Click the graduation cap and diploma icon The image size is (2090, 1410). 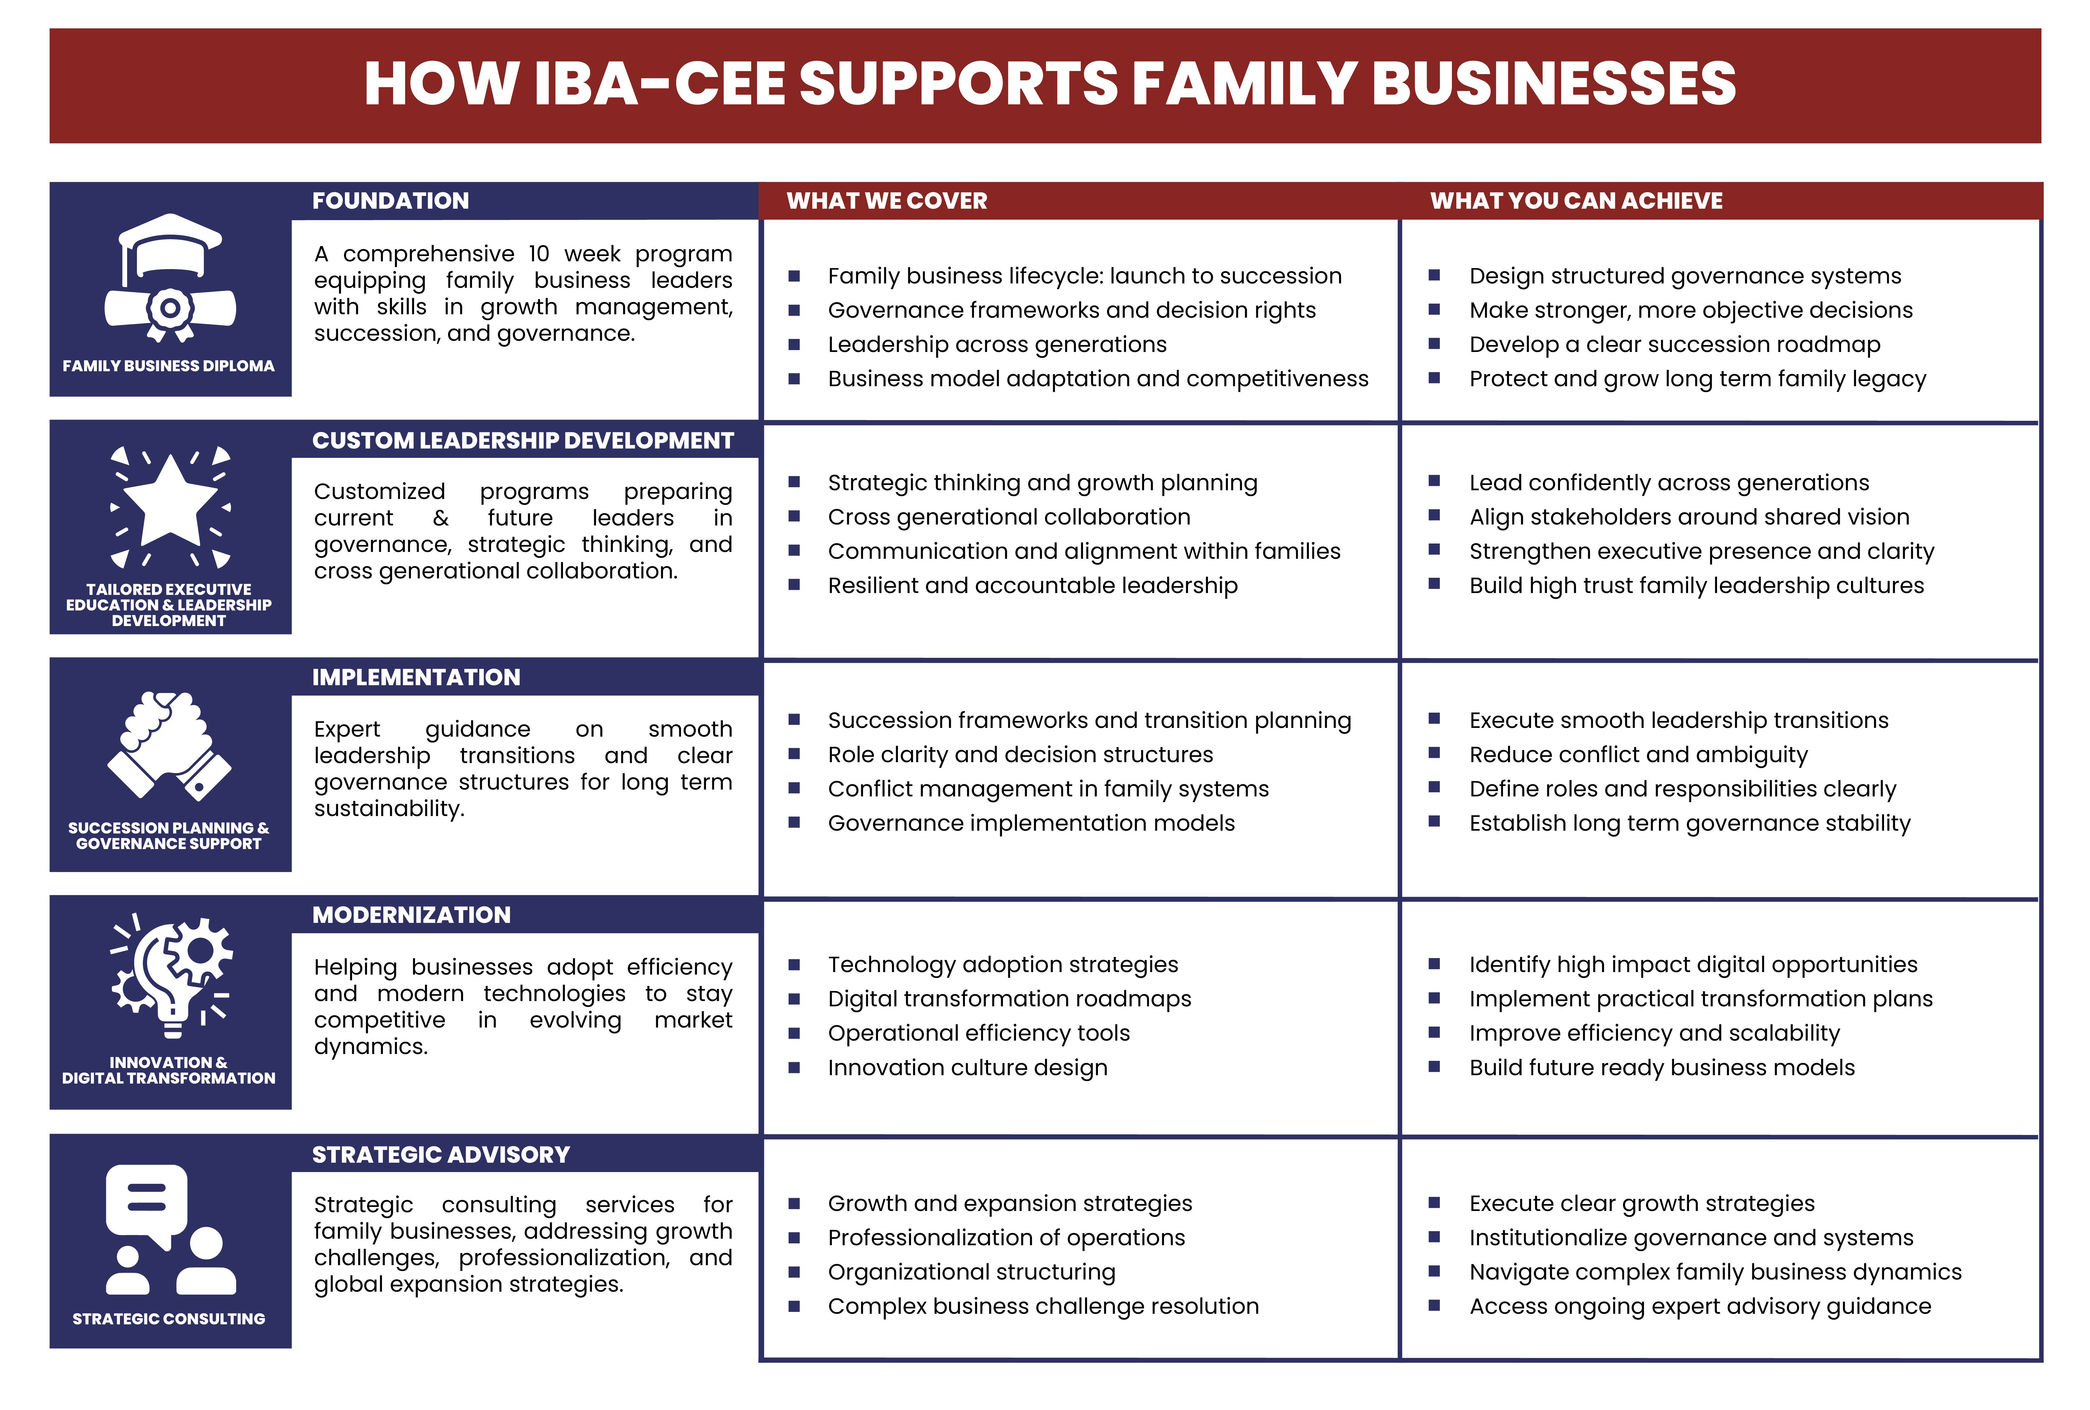click(x=170, y=279)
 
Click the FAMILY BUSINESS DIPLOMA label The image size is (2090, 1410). click(x=168, y=366)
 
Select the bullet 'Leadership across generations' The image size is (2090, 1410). click(x=996, y=344)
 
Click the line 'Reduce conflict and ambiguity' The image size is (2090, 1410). click(x=1638, y=754)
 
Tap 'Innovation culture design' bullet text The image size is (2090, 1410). click(x=967, y=1067)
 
